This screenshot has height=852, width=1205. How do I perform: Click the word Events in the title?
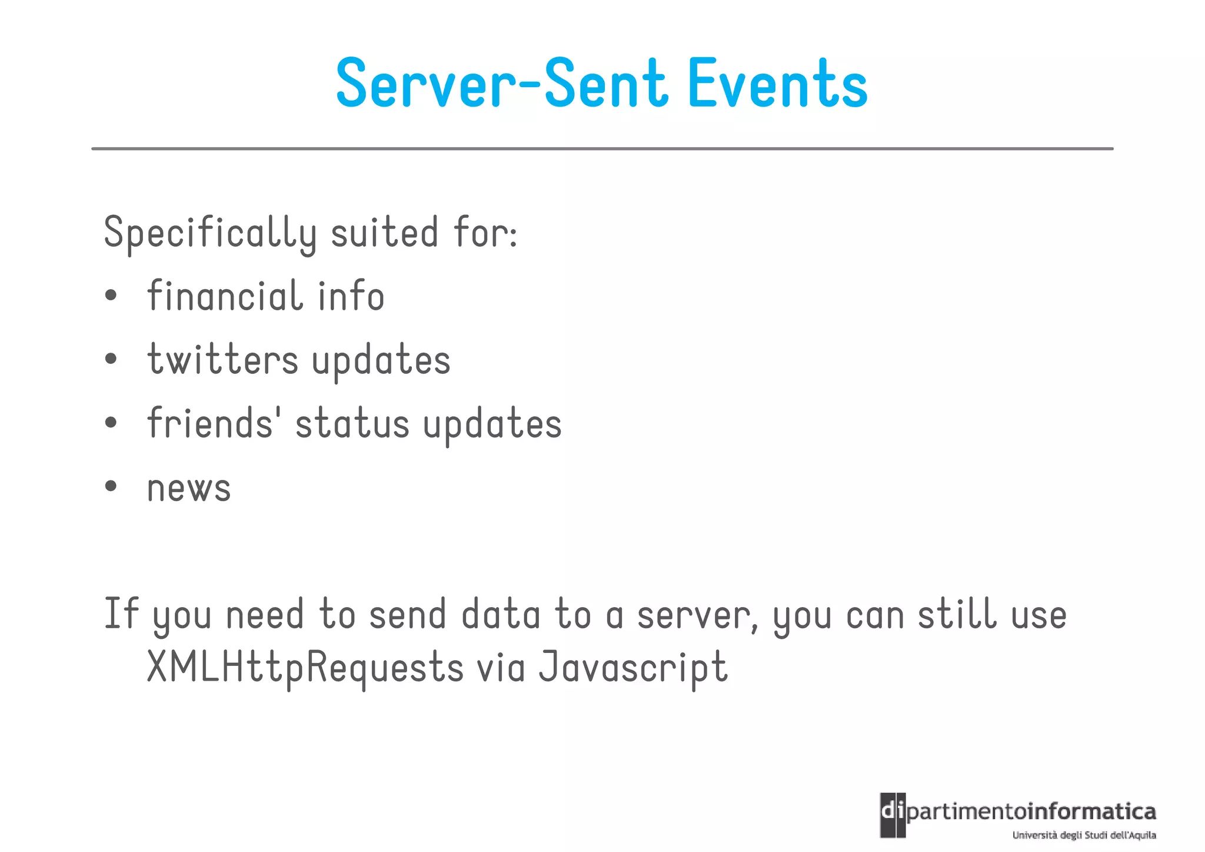tap(778, 84)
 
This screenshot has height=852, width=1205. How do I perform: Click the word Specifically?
tap(210, 233)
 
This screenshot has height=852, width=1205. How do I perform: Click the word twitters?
tap(223, 359)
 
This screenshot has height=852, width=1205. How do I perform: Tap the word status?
tap(352, 424)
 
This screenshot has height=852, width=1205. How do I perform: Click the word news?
tap(189, 489)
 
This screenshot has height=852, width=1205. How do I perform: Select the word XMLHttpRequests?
tap(305, 667)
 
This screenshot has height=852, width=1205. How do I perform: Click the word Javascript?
tap(633, 667)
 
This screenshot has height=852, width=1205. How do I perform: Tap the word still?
tap(957, 614)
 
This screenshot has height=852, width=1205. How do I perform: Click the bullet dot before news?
tap(111, 486)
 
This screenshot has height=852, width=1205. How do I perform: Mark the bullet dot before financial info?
tap(111, 295)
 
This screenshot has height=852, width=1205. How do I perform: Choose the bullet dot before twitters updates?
tap(111, 359)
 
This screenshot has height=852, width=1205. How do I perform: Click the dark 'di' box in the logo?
tap(893, 814)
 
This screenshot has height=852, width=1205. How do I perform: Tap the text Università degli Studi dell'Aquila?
tap(1084, 835)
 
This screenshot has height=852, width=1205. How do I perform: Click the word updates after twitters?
tap(381, 360)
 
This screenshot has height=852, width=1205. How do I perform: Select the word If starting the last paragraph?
tap(121, 614)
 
